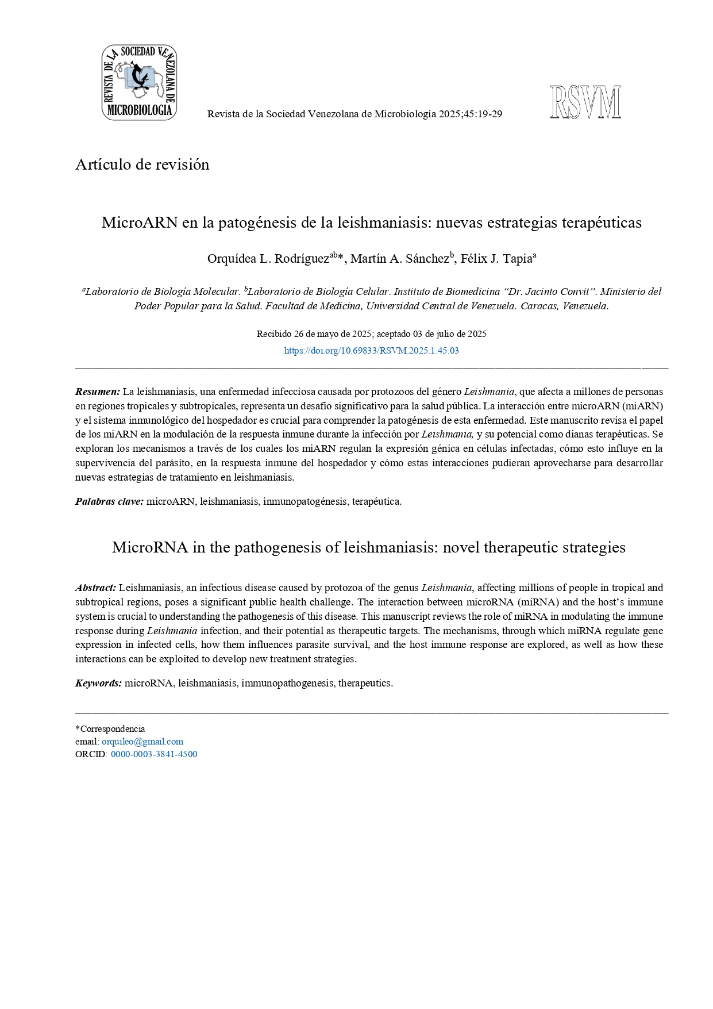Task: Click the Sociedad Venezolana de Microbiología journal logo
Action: click(139, 82)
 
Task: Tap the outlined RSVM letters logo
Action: click(585, 102)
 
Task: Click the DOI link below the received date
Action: click(371, 350)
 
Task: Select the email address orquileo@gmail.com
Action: click(142, 741)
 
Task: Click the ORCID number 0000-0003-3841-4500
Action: click(154, 754)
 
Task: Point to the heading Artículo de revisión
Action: click(142, 164)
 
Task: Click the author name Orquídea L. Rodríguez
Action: click(268, 259)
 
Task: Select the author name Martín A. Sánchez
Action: click(400, 259)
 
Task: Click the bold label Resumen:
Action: click(98, 392)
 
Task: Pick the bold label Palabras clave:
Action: click(109, 501)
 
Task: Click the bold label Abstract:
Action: click(95, 588)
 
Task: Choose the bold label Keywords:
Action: click(98, 683)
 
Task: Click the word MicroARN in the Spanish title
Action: click(140, 222)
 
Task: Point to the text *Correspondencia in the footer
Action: click(110, 728)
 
